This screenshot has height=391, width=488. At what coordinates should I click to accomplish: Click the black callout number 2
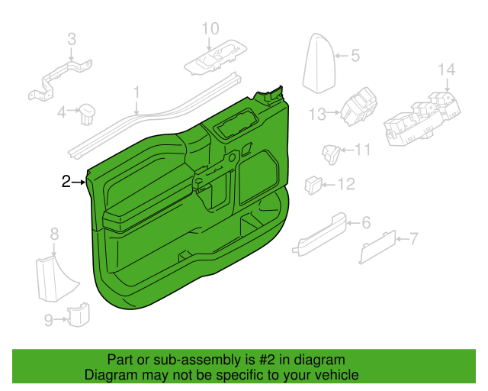(x=66, y=182)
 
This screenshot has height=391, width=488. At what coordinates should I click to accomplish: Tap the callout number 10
(x=210, y=28)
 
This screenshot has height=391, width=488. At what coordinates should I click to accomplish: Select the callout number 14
(x=447, y=69)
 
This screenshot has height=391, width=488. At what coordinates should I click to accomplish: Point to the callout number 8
(x=54, y=234)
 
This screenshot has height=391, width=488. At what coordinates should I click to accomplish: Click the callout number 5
(x=355, y=56)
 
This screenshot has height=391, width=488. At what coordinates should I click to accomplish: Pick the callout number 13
(x=317, y=114)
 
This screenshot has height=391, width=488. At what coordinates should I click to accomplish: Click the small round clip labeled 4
(x=87, y=114)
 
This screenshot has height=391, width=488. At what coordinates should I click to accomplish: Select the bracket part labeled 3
(x=61, y=80)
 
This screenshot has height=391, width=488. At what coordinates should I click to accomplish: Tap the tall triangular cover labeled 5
(x=319, y=63)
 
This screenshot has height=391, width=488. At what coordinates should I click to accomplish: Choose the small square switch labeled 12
(x=313, y=186)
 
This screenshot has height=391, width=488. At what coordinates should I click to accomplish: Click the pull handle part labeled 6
(x=319, y=234)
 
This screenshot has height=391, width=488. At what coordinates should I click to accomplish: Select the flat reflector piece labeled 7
(x=377, y=247)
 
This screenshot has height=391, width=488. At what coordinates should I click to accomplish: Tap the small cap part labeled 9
(x=79, y=315)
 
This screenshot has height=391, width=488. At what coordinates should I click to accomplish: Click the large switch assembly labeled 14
(x=422, y=119)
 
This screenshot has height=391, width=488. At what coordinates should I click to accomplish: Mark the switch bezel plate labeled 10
(x=215, y=58)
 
